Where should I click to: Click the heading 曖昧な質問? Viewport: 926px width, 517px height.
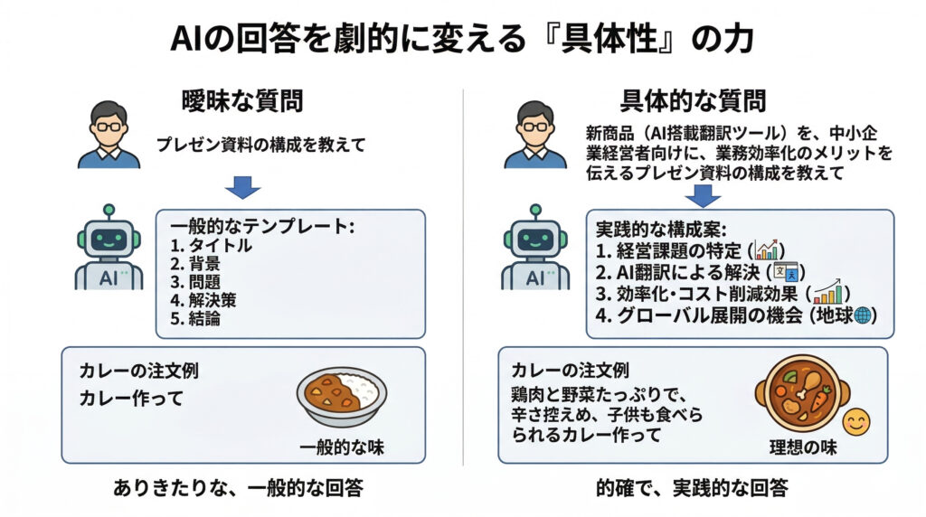pyautogui.click(x=242, y=101)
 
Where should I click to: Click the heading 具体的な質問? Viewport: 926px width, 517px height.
pyautogui.click(x=694, y=101)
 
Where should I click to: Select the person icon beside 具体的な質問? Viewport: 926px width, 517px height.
pyautogui.click(x=534, y=136)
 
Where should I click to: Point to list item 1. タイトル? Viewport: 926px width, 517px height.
pyautogui.click(x=212, y=246)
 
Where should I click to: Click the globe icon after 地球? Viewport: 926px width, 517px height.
pyautogui.click(x=862, y=315)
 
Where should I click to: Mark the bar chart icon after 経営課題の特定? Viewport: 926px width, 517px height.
pyautogui.click(x=770, y=249)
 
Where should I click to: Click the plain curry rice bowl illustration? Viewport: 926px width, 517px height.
pyautogui.click(x=342, y=395)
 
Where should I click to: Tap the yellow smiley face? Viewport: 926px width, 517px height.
pyautogui.click(x=855, y=422)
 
